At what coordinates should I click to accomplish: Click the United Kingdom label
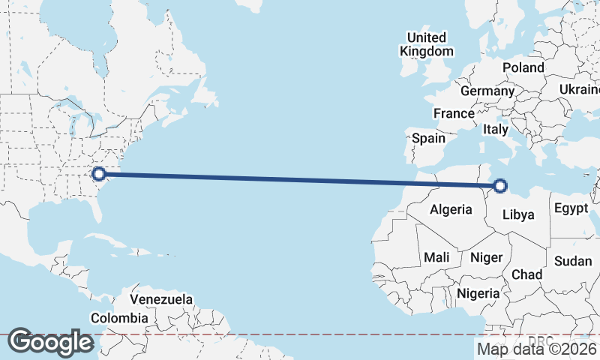point(427,44)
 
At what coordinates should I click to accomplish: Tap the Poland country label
point(523,67)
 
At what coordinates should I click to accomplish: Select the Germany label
point(487,91)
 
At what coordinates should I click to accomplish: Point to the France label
point(454,114)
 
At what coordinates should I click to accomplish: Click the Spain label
point(429,138)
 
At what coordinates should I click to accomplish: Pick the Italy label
point(495,129)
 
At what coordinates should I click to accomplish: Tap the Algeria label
point(451,210)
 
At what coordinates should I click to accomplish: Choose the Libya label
point(518,214)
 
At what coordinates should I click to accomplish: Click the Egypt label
point(571,209)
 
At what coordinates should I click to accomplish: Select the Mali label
point(436,257)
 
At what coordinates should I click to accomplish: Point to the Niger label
point(486,257)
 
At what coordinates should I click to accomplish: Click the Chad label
point(527,275)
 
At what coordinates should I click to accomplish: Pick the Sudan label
point(573,261)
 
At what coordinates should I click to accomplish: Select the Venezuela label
point(161,299)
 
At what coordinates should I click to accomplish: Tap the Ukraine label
point(579,90)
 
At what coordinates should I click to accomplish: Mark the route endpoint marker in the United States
point(98,175)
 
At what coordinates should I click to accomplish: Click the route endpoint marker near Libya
point(500,185)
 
